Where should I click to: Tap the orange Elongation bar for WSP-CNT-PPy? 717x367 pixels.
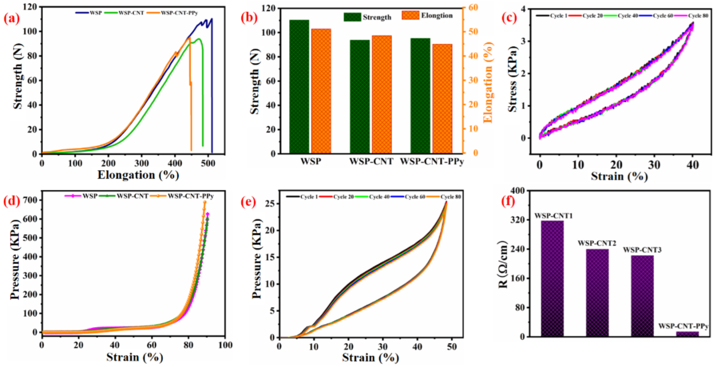[442, 99]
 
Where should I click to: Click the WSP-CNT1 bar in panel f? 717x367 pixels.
[552, 278]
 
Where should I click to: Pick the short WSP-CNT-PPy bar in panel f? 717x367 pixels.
[687, 334]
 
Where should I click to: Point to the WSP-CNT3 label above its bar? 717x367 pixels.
[642, 250]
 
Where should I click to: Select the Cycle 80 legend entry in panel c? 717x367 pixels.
[698, 16]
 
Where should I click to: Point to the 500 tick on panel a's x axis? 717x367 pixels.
[208, 164]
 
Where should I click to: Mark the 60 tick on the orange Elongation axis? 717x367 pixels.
[473, 7]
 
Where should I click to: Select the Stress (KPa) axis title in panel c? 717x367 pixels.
[512, 79]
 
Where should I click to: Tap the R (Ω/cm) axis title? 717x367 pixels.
[503, 264]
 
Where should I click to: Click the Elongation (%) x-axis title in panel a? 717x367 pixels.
[138, 175]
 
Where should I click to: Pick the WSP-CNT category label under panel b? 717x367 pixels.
[371, 162]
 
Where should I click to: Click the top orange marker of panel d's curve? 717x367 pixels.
[204, 203]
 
